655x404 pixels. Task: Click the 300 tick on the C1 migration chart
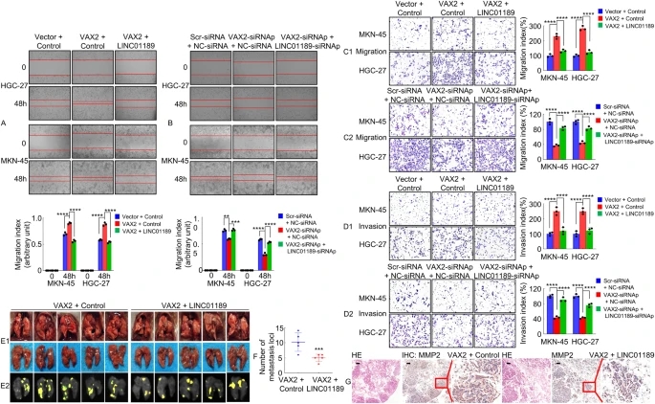[536, 26]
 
